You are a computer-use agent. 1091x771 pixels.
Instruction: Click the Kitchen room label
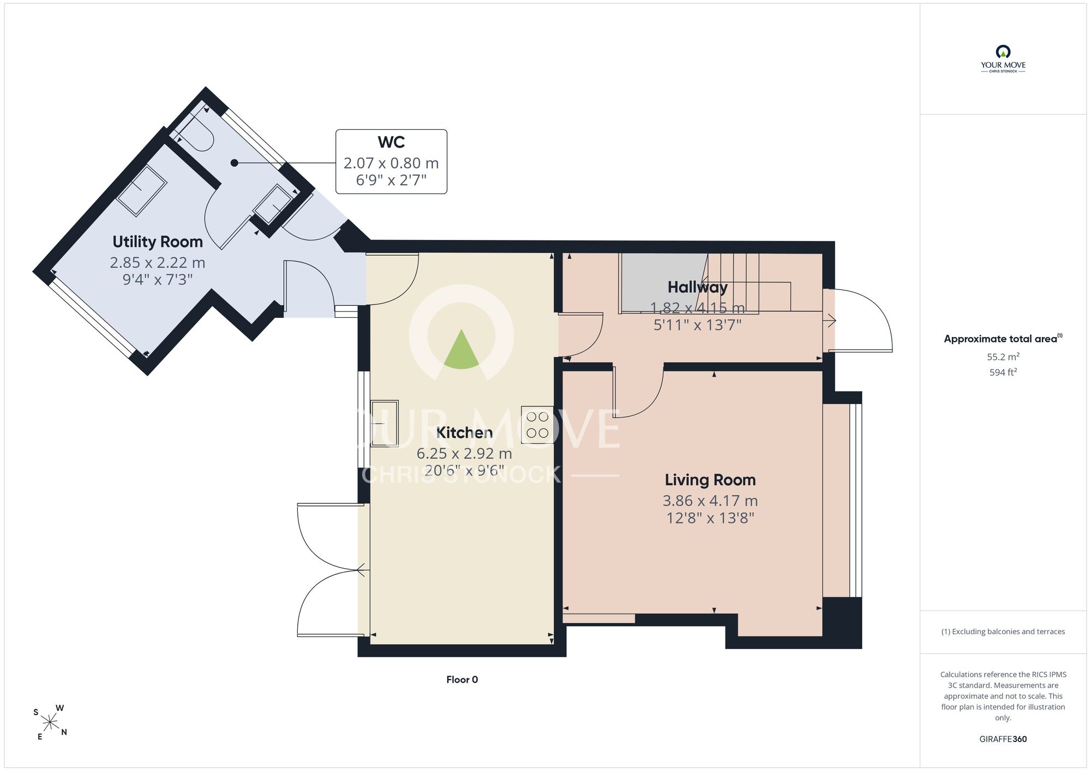point(464,432)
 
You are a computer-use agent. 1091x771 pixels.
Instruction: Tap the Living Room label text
point(710,480)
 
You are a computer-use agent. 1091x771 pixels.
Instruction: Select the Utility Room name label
point(158,242)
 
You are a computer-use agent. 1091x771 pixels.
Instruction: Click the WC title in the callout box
point(391,142)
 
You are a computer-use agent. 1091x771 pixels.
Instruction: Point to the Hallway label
point(698,287)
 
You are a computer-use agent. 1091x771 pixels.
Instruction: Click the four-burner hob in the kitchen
point(537,425)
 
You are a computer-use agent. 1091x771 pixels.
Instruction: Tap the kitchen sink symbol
point(385,424)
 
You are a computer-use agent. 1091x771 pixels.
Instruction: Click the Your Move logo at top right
point(1003,59)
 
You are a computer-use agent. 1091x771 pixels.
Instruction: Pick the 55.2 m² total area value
point(1003,357)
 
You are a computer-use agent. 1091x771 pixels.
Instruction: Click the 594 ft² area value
point(1003,372)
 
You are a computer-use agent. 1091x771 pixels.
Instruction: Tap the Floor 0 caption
point(462,679)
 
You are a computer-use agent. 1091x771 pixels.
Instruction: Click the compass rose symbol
point(50,723)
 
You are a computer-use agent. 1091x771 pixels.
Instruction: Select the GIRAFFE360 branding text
point(1003,739)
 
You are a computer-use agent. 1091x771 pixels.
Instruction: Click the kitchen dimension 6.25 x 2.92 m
point(464,453)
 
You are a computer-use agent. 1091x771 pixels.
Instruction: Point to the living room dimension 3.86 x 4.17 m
point(710,501)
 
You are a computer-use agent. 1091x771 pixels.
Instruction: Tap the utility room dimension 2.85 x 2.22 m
point(158,262)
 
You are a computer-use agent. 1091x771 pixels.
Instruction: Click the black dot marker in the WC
point(235,162)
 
